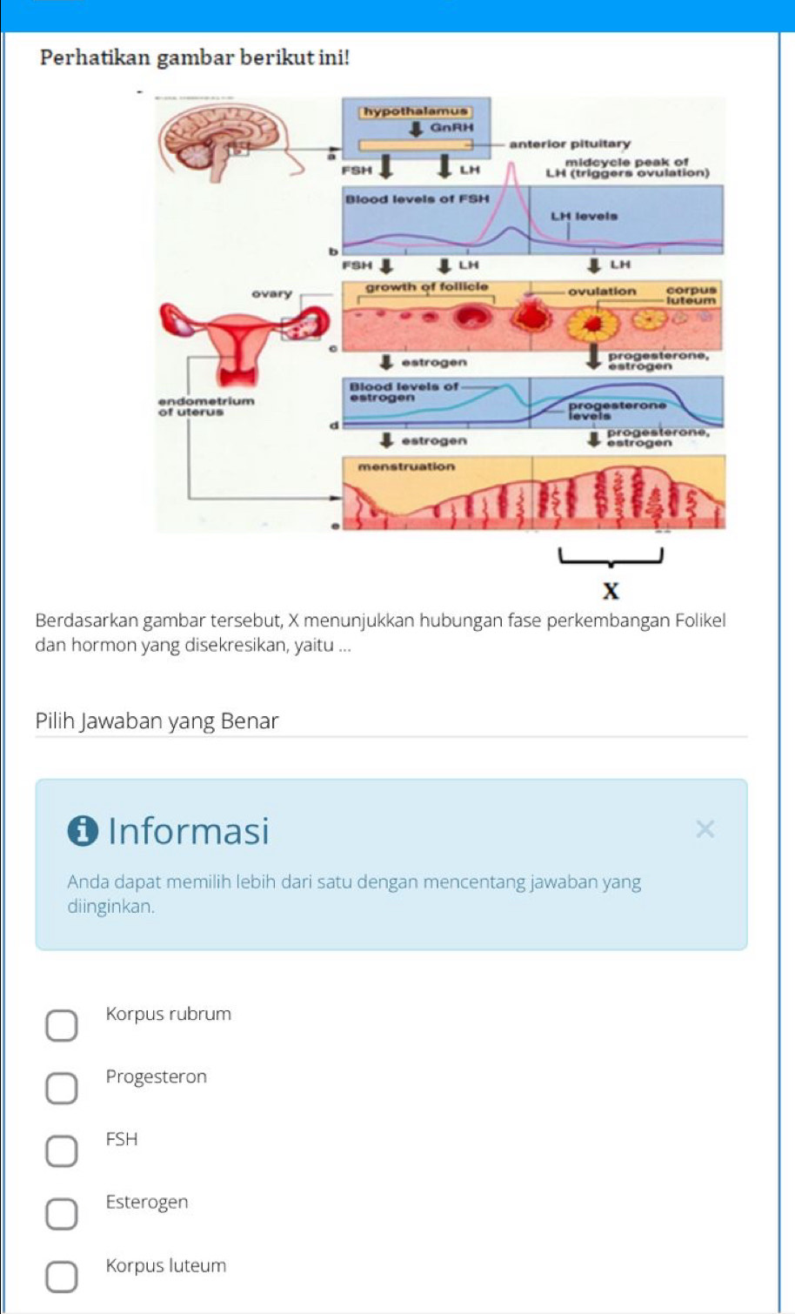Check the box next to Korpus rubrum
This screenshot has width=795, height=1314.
point(61,1025)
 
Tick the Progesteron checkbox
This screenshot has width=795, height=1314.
point(61,1088)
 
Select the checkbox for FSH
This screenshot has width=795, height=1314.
point(61,1150)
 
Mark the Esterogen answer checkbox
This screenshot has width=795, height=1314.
point(61,1214)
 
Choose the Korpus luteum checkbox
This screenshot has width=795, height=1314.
point(61,1277)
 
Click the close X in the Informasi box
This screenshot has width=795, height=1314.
point(705,829)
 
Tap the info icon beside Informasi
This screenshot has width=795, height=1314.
point(83,831)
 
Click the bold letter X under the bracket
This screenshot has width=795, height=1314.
point(611,592)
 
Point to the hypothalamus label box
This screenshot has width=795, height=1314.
point(416,111)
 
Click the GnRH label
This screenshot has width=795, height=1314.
point(452,127)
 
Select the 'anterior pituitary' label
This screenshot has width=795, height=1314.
point(570,144)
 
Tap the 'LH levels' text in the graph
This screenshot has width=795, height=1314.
point(585,216)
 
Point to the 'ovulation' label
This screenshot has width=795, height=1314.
point(602,292)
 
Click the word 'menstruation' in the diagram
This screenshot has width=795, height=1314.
point(406,466)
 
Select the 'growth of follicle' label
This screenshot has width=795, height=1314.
point(426,287)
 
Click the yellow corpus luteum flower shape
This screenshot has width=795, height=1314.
point(593,325)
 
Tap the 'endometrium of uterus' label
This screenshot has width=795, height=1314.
point(206,406)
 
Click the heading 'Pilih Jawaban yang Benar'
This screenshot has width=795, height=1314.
point(157,721)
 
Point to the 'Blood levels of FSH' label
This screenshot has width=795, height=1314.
point(418,199)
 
